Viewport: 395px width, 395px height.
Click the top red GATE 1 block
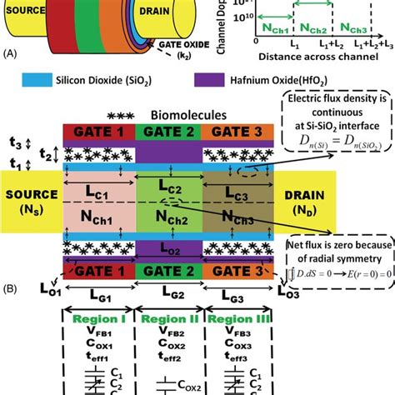click(x=97, y=133)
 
